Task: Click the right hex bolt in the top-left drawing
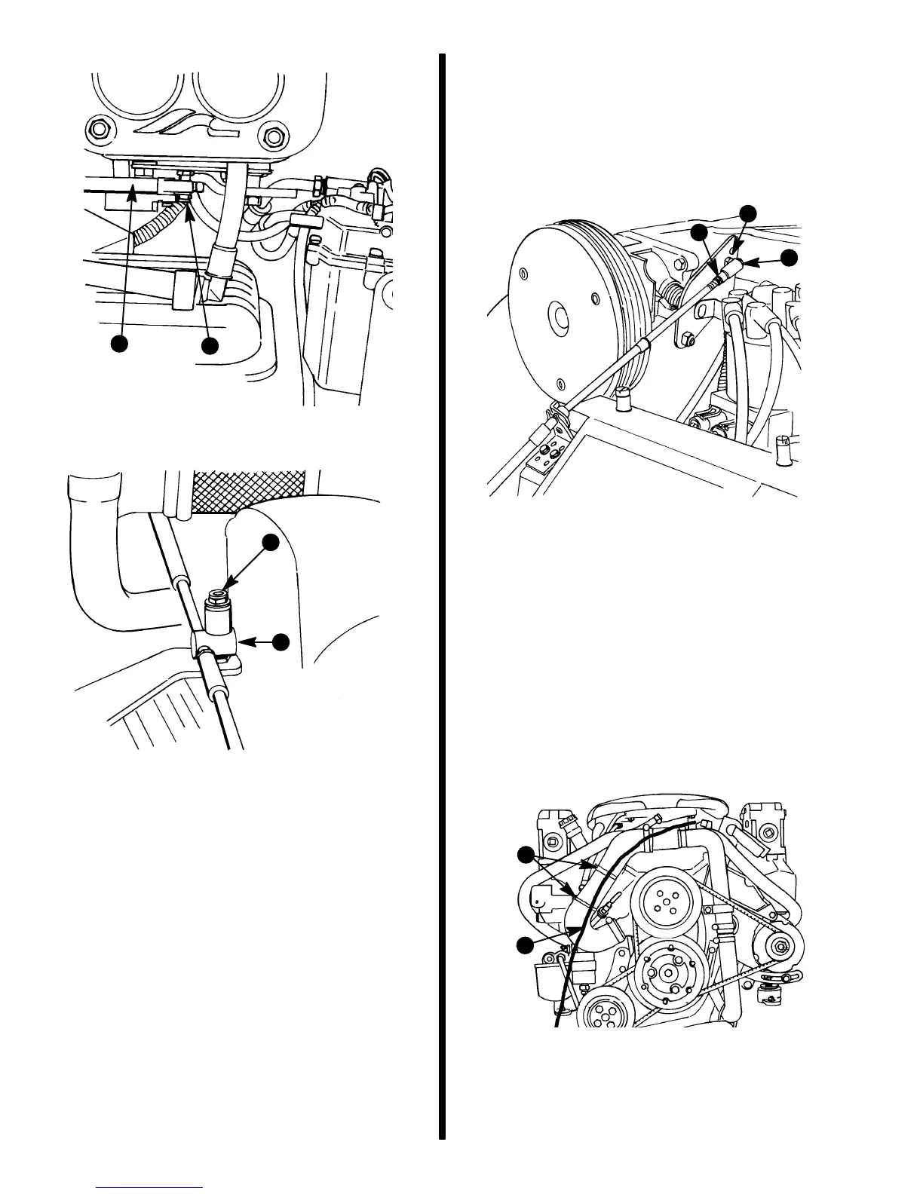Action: pos(271,136)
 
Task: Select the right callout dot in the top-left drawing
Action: pos(210,346)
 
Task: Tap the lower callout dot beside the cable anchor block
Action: pos(281,641)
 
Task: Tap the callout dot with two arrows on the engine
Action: pos(526,856)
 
